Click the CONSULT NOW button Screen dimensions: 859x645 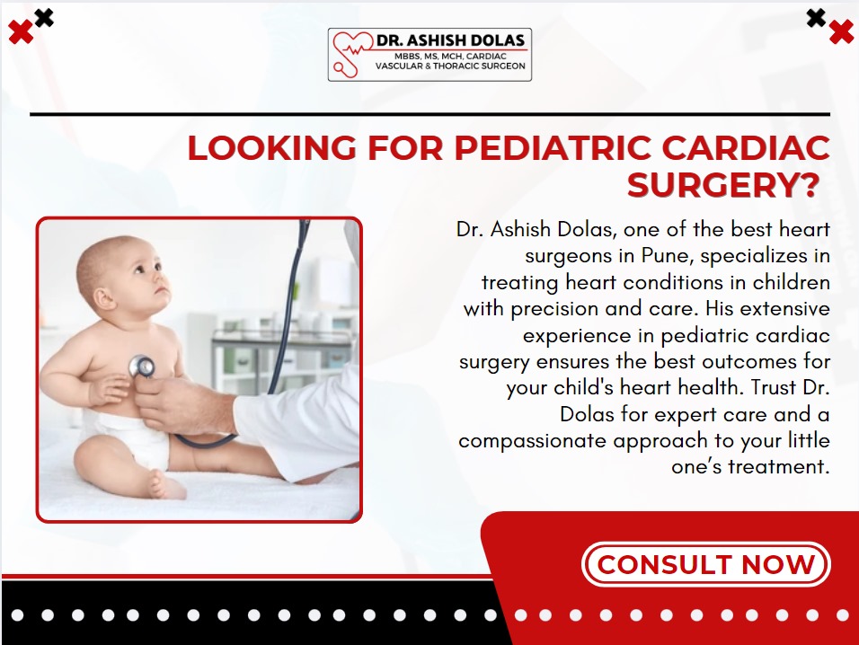[x=705, y=564]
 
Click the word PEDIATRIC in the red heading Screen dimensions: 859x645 [x=553, y=148]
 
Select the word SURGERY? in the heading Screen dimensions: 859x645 [x=723, y=185]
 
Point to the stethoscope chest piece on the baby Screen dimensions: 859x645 [x=141, y=367]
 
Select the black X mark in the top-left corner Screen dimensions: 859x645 [x=44, y=18]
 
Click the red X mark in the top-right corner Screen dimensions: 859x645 [x=841, y=31]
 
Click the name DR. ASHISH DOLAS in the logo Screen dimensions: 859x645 [x=450, y=40]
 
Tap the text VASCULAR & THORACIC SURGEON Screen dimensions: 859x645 [x=450, y=66]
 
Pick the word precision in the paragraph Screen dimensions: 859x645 [x=554, y=309]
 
